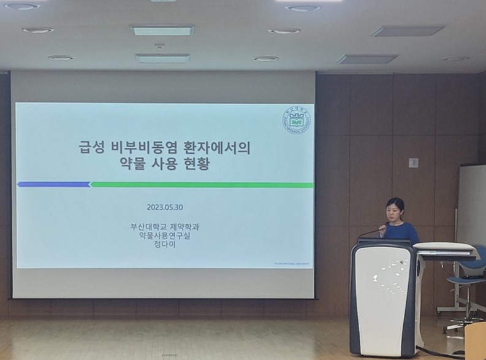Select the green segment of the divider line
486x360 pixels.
point(202,185)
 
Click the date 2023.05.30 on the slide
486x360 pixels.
point(165,207)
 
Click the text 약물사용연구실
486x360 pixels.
point(165,236)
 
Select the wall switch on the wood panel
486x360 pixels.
point(413,163)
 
